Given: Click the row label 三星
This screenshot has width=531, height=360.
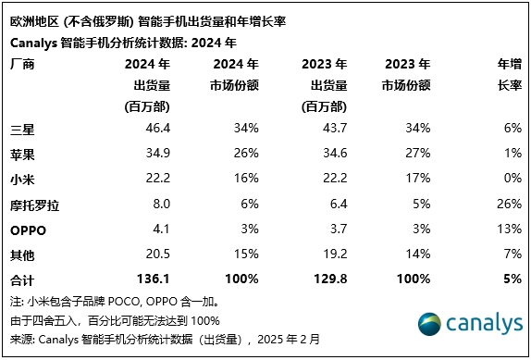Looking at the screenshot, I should tap(20, 128).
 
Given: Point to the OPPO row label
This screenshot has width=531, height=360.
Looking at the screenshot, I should tap(28, 228).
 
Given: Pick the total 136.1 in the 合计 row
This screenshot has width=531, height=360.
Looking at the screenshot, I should tap(152, 279).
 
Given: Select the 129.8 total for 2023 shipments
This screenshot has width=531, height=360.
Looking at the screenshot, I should tap(330, 279).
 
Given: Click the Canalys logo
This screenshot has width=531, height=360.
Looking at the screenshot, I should tap(467, 324).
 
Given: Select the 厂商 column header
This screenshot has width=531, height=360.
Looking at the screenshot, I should tap(21, 64).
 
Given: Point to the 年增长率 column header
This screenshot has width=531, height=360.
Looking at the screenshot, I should tap(508, 74).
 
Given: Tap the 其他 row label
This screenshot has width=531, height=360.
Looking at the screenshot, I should tap(20, 253).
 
